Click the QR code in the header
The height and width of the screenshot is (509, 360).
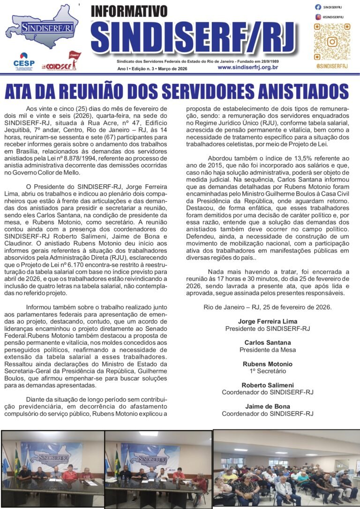tap(332, 42)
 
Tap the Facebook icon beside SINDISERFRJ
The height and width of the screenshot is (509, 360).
tap(318, 7)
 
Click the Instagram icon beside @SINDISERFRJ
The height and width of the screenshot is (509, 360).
tap(318, 17)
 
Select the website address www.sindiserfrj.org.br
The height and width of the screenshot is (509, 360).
tap(247, 68)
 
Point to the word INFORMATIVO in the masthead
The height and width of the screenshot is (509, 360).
tap(128, 11)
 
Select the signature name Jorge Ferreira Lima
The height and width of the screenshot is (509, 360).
tap(267, 321)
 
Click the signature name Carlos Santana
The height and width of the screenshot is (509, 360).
tap(267, 342)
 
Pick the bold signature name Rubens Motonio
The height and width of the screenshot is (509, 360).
tap(267, 364)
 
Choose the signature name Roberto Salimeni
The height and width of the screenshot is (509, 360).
tap(267, 385)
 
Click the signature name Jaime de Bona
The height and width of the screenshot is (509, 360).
tap(267, 406)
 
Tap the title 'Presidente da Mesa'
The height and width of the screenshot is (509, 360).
tap(267, 350)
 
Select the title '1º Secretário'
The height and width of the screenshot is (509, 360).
tap(267, 371)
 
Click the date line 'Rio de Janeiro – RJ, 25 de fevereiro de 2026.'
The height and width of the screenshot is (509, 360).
tap(267, 307)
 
